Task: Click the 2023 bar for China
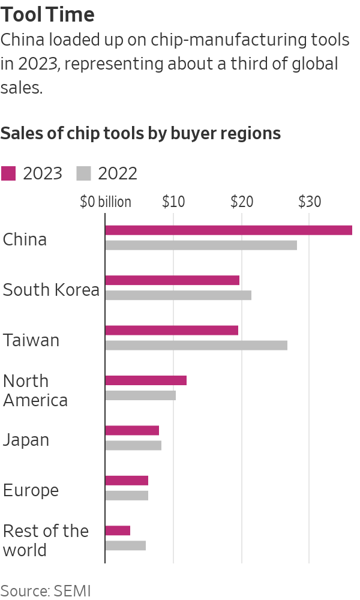point(229,230)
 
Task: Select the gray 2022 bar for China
point(201,245)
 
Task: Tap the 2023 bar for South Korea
point(172,280)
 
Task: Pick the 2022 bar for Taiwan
point(196,345)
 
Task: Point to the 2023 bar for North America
point(146,380)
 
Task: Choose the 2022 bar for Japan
point(133,445)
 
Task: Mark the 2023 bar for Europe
point(127,481)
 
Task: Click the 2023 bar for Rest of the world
point(118,530)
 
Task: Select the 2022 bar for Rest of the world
point(125,545)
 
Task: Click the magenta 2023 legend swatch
point(8,173)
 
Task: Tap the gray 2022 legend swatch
point(83,173)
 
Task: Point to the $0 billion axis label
point(106,202)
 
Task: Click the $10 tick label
point(173,202)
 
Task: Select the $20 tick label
point(242,202)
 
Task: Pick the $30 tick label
point(310,202)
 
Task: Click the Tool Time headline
point(47,14)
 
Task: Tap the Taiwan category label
point(31,340)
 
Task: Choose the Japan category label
point(26,440)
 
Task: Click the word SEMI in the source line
point(72,590)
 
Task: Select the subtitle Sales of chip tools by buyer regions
point(140,133)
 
